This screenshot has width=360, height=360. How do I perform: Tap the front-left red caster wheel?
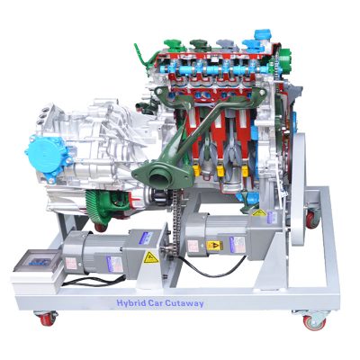[x=44, y=318]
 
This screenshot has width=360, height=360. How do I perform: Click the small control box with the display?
[x=34, y=263]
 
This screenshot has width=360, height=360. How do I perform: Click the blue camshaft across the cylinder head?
[x=216, y=70]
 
